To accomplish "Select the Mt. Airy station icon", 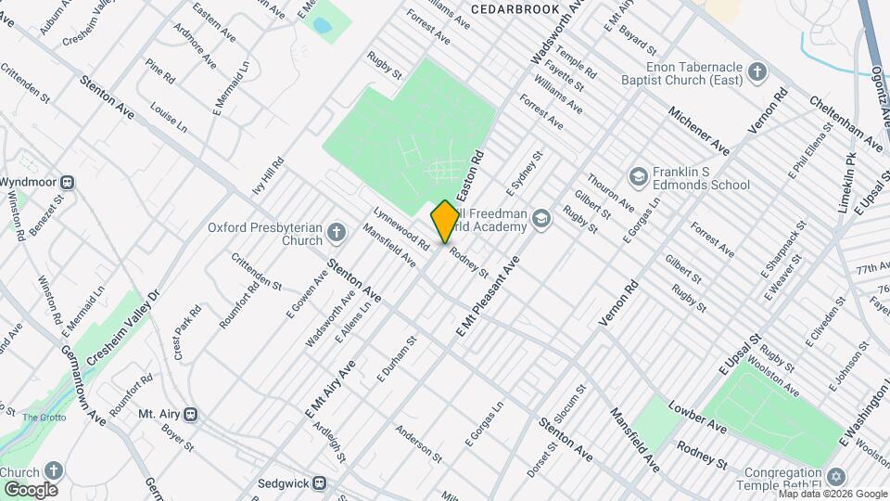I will coord(190,414).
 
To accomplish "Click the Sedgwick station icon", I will coord(319,482).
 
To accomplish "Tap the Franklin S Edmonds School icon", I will coord(638,176).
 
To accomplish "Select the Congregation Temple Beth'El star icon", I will coord(835,477).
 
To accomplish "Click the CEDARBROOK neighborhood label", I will coord(515,9).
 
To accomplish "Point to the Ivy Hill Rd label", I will coord(267,176).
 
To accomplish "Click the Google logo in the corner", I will coord(31,489).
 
